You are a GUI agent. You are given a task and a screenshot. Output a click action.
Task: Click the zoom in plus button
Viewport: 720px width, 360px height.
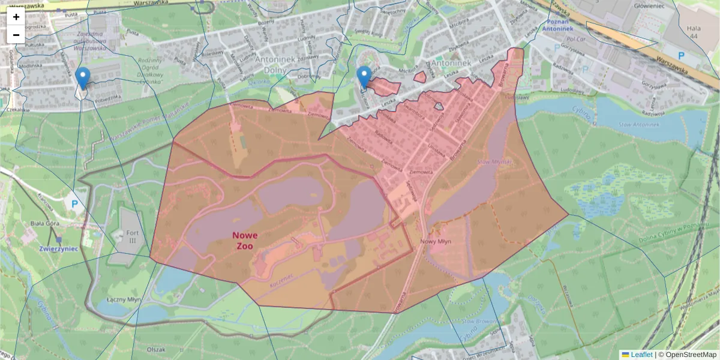16,17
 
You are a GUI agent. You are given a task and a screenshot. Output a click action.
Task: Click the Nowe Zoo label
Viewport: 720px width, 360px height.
245,241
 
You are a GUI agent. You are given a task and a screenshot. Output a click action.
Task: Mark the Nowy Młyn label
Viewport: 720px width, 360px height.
436,242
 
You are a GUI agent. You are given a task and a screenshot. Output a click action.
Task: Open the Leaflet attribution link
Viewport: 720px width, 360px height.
641,355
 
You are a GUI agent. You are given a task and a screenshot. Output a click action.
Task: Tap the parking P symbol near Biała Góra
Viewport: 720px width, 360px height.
75,203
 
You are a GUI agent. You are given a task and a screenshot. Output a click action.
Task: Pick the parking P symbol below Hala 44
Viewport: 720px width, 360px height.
681,55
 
